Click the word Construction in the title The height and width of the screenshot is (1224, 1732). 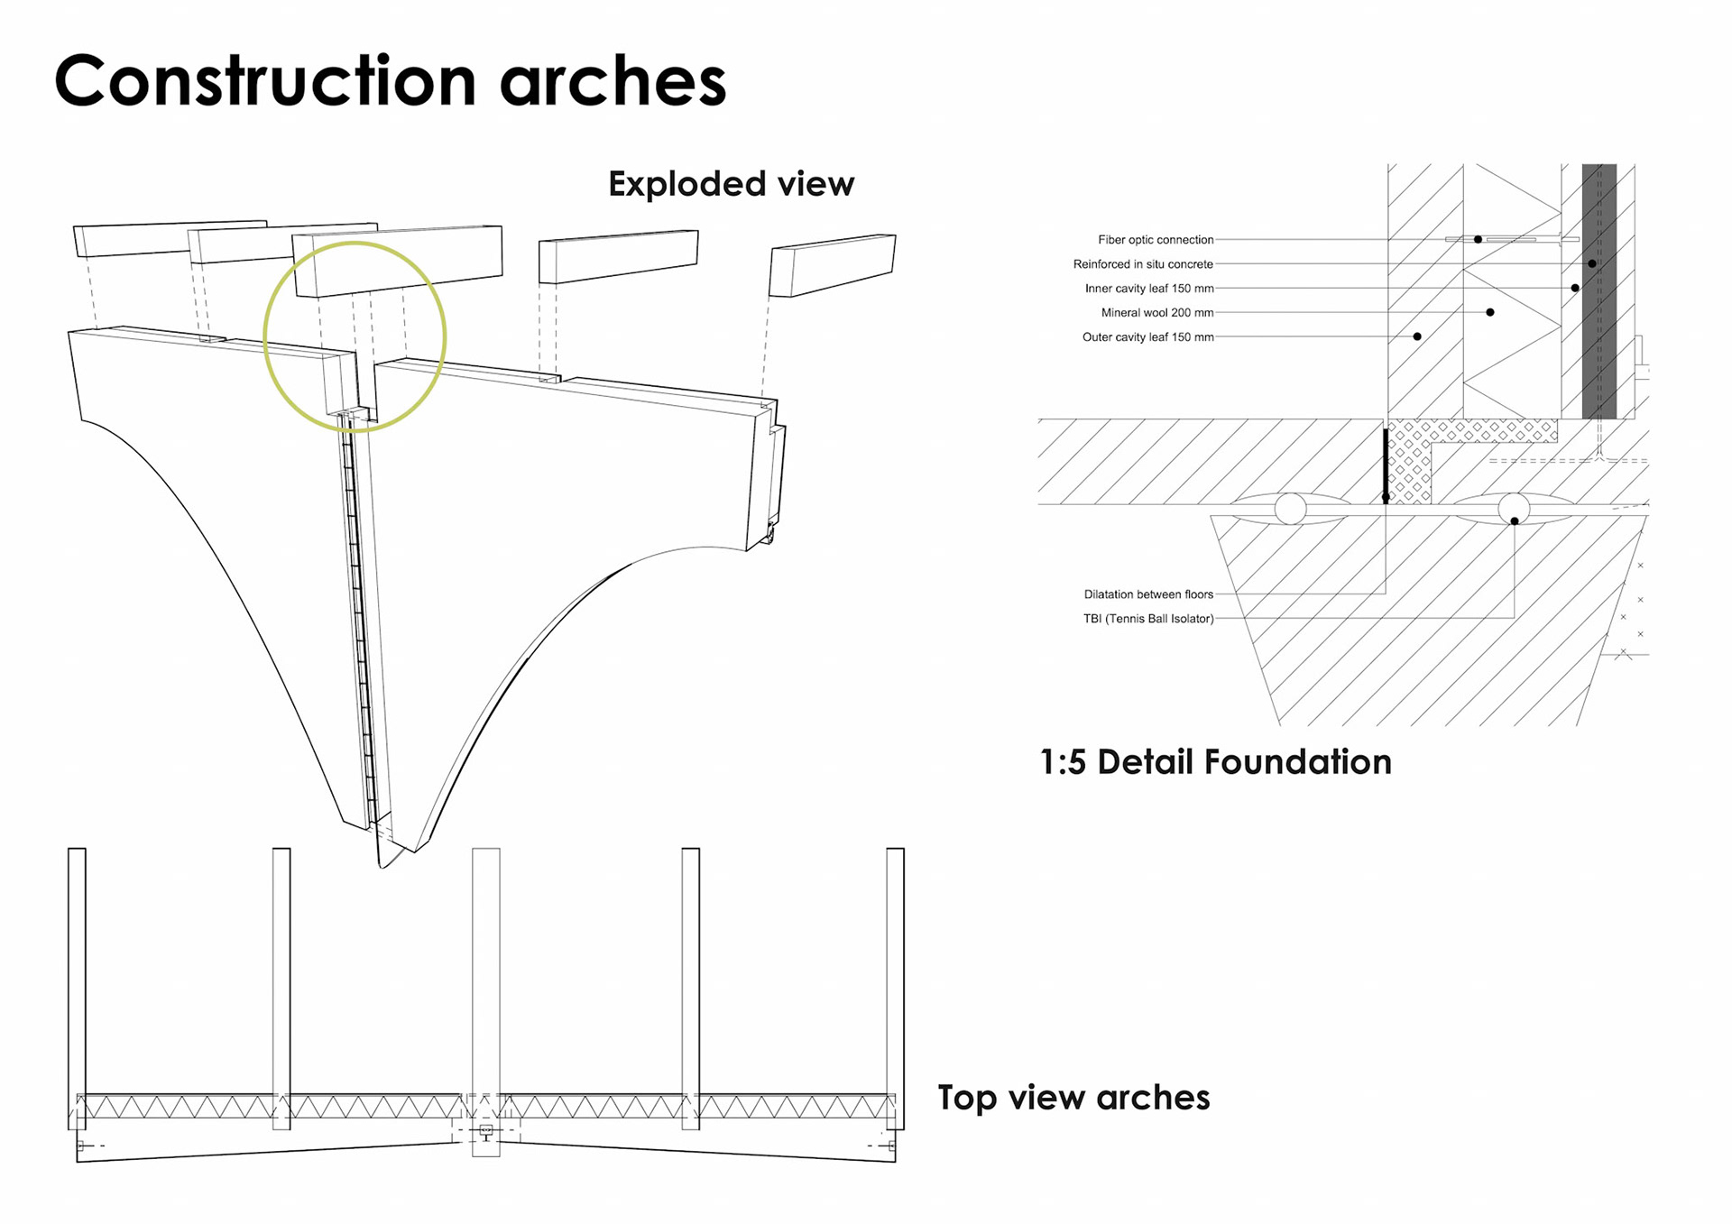click(264, 81)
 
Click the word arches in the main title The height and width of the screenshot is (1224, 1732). click(613, 81)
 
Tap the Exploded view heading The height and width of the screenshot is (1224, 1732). click(731, 184)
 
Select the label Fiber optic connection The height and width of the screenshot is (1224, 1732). click(1156, 240)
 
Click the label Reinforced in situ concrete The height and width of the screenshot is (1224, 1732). click(1143, 264)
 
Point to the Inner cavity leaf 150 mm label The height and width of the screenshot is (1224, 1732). click(1149, 289)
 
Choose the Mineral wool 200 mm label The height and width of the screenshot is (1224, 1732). click(1157, 313)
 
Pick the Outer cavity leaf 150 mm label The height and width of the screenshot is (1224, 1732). click(1147, 337)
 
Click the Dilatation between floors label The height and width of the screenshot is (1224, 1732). click(1148, 594)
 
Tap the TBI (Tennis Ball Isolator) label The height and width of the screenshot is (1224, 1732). click(1148, 619)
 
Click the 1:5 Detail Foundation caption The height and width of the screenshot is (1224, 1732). click(1215, 762)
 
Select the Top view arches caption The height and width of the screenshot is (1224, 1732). click(1073, 1098)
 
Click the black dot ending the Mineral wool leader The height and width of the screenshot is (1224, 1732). click(1490, 312)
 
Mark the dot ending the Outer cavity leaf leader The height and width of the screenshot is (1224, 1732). click(1417, 336)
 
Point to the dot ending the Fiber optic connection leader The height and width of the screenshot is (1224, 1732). click(1478, 239)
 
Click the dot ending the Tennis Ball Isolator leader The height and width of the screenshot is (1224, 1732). click(1515, 521)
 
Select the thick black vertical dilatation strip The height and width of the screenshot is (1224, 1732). click(1386, 465)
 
